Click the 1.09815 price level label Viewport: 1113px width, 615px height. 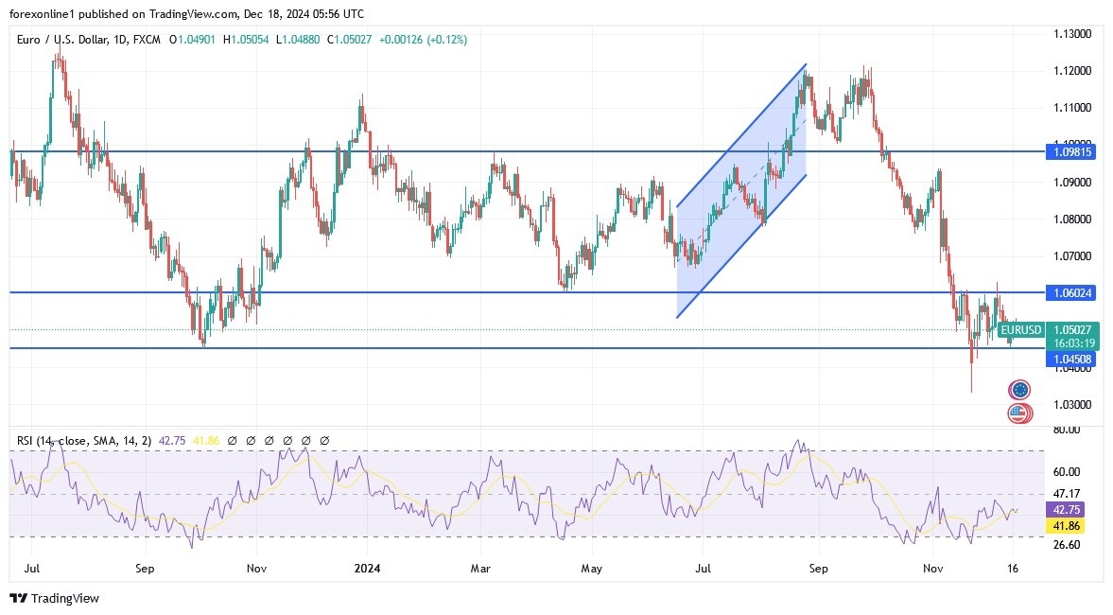point(1072,151)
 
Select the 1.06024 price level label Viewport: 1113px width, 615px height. point(1072,293)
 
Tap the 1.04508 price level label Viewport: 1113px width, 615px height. point(1072,360)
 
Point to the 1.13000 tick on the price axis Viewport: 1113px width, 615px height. point(1072,34)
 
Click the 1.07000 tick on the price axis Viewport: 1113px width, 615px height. point(1072,256)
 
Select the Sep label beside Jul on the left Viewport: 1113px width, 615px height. point(145,569)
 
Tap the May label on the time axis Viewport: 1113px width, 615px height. point(591,569)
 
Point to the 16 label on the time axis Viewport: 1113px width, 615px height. point(1014,569)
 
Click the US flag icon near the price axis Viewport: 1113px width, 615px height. point(1018,413)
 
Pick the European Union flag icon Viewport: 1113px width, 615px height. point(1019,390)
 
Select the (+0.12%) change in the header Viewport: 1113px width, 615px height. point(444,40)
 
